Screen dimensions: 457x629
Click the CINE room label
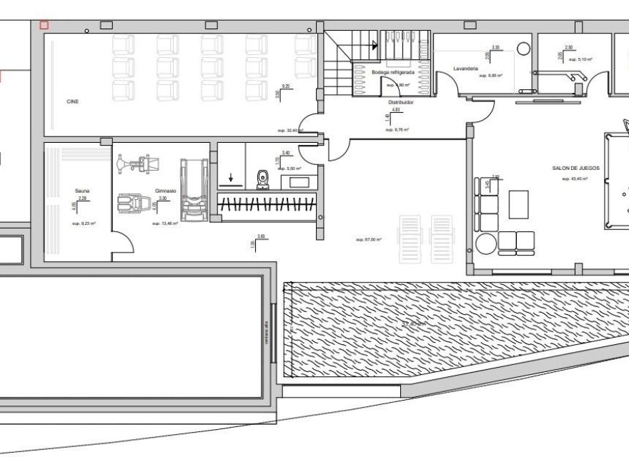72,102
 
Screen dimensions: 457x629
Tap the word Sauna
81,191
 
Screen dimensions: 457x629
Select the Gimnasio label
165,191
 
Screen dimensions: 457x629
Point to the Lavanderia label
465,69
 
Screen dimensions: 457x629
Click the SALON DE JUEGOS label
575,169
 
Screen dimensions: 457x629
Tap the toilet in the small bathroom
262,177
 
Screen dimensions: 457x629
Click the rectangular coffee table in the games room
518,204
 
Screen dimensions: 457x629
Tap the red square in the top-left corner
44,25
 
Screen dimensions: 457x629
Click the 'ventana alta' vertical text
267,332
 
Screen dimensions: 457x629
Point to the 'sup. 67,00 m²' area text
369,240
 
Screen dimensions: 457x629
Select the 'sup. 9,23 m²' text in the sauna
84,224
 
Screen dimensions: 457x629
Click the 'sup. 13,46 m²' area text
164,224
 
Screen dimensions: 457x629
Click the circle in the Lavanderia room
523,50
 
